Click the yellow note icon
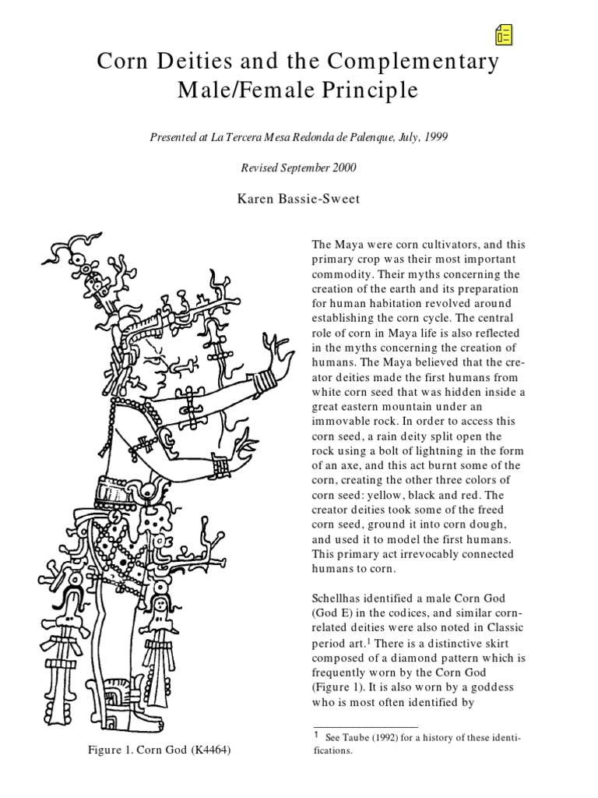tap(503, 34)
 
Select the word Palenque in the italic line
tap(377, 136)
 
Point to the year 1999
tap(434, 136)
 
